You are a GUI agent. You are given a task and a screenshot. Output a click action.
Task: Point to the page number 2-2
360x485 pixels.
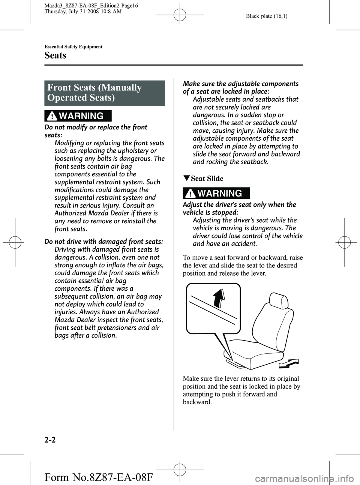tap(51, 440)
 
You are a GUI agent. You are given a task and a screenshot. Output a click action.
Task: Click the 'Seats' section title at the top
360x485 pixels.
tap(55, 56)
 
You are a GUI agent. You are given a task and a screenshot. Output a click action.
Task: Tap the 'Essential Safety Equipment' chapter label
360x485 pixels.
tap(73, 47)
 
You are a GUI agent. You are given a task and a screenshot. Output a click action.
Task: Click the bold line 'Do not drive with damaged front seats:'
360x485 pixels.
tap(103, 242)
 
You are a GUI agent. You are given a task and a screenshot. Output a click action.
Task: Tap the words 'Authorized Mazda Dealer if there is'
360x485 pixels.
tap(106, 213)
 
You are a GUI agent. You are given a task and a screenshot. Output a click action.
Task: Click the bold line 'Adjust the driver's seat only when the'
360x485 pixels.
tap(239, 204)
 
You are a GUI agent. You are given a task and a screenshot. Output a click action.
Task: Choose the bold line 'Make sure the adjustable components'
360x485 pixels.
tap(240, 84)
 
